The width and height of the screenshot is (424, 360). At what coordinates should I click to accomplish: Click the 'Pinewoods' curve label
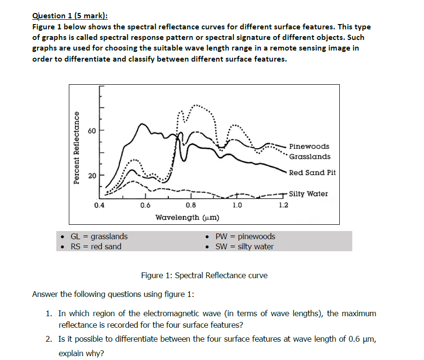tap(309, 146)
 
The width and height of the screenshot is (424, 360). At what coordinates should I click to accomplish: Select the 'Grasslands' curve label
tap(310, 157)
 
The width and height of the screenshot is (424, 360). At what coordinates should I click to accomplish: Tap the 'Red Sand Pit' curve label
tap(312, 173)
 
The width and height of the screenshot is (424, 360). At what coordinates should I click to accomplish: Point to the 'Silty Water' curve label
tap(308, 194)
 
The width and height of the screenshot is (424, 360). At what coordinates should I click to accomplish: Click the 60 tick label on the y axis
tap(92, 131)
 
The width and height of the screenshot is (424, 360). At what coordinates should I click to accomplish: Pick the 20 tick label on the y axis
tap(92, 175)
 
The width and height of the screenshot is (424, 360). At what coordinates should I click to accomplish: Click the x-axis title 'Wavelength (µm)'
tap(187, 218)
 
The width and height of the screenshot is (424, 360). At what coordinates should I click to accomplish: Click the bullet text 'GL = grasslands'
tap(99, 236)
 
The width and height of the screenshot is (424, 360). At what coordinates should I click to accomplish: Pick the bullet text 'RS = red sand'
tap(96, 246)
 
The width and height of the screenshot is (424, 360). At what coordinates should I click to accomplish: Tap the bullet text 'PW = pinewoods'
tap(245, 236)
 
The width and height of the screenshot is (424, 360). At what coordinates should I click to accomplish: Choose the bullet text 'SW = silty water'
tap(244, 246)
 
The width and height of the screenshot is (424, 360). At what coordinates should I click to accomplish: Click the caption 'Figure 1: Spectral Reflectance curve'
tap(204, 275)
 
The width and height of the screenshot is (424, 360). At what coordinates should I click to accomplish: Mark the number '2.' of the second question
tap(50, 339)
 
